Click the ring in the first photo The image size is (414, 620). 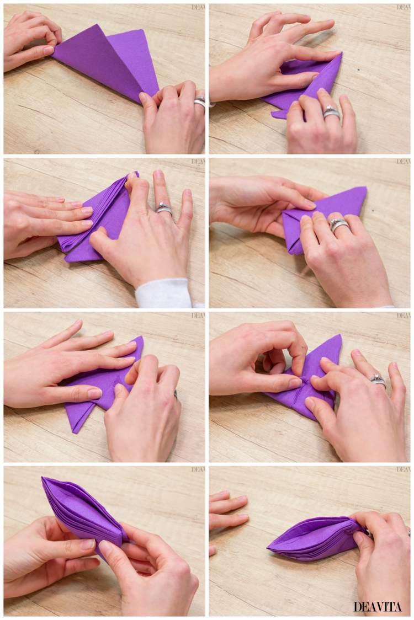(x=200, y=102)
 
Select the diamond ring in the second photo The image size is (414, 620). (x=331, y=113)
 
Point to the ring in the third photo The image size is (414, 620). (x=163, y=209)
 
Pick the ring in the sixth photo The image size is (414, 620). (x=378, y=380)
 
